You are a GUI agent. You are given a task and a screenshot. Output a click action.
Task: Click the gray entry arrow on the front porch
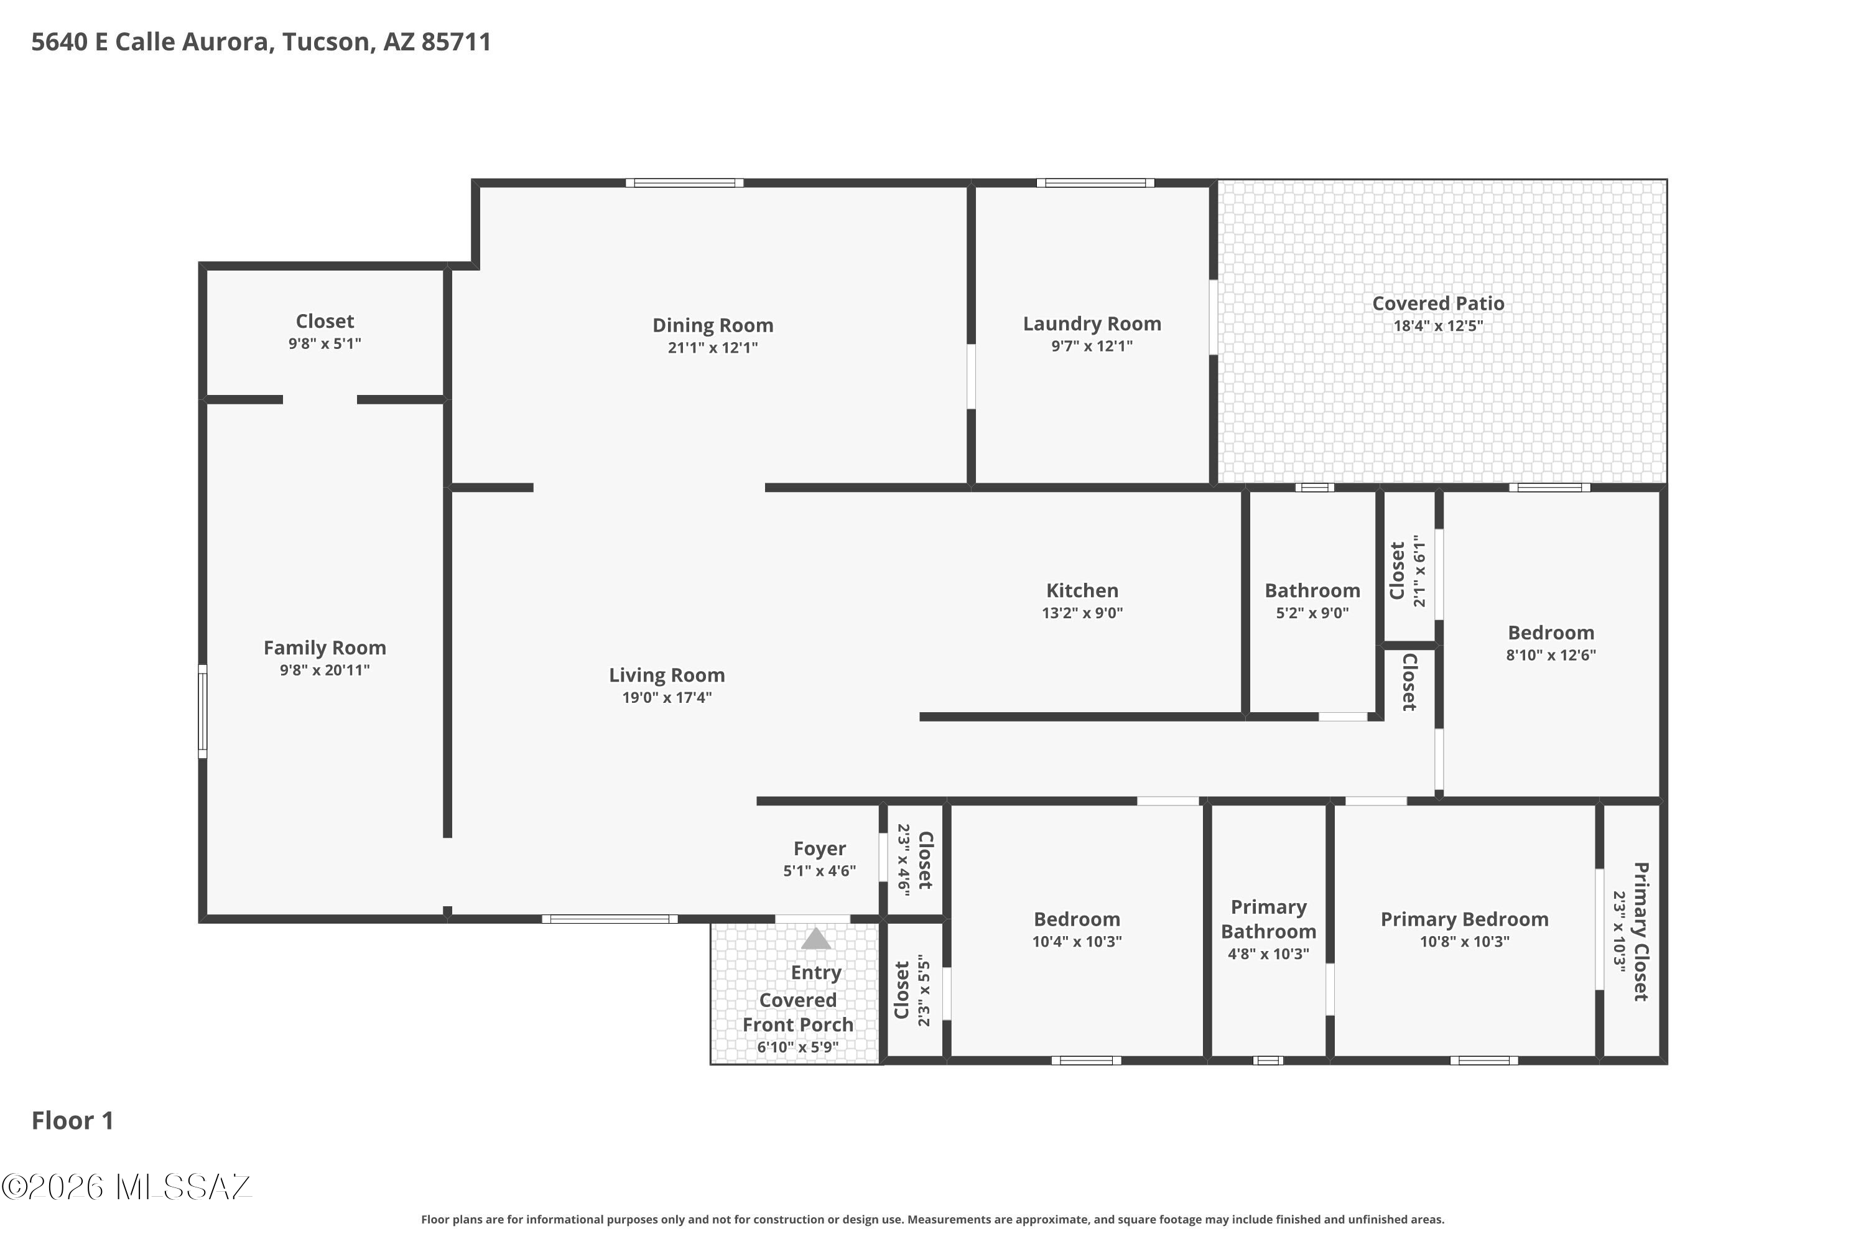pos(815,939)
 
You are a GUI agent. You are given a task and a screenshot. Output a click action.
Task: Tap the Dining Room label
pos(712,325)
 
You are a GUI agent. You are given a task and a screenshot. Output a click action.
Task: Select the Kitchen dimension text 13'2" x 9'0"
pos(1082,613)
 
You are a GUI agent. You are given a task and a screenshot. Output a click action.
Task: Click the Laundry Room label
pos(1092,323)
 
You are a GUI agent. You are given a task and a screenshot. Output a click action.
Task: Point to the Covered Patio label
pos(1437,303)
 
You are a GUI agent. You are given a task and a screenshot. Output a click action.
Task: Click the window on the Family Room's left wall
pos(202,711)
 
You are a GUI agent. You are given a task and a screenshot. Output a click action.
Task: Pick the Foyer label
pos(820,849)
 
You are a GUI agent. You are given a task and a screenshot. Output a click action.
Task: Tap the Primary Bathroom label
pos(1268,919)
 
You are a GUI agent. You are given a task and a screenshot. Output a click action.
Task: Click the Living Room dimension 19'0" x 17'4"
pos(666,697)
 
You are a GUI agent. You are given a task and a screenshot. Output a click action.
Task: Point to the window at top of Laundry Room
pos(1095,183)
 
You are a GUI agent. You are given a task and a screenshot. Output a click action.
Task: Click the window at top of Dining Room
pos(684,183)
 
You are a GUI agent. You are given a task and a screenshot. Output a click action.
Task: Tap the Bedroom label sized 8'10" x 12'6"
pos(1550,633)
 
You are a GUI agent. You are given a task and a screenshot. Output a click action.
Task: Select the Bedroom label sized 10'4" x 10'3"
pos(1077,919)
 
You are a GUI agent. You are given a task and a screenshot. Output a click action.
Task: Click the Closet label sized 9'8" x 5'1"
pos(325,322)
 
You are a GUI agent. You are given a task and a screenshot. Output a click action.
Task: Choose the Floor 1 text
pos(72,1120)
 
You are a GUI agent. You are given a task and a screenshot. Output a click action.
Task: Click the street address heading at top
pos(261,42)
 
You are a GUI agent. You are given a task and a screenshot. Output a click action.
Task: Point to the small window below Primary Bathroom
pos(1268,1061)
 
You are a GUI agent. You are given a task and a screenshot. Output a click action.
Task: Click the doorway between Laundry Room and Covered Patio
pos(1213,317)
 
